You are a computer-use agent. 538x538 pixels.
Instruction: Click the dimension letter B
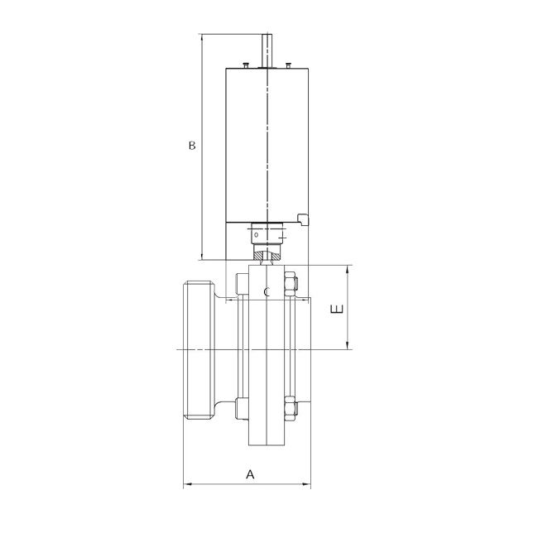pyautogui.click(x=191, y=147)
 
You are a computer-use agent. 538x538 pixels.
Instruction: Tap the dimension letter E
pyautogui.click(x=335, y=310)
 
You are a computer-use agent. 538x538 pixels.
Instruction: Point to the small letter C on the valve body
pyautogui.click(x=267, y=293)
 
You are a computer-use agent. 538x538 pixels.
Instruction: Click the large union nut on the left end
pyautogui.click(x=197, y=351)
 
